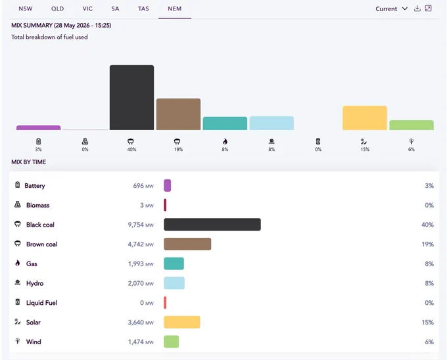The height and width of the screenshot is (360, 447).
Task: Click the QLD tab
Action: point(58,9)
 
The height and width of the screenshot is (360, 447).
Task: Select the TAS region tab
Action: point(143,9)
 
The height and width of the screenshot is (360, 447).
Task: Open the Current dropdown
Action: point(391,9)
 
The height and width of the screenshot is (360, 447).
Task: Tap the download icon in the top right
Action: point(417,9)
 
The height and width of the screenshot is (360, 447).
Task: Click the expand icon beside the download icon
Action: point(428,9)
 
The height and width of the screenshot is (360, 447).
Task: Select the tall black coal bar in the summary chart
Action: point(131,97)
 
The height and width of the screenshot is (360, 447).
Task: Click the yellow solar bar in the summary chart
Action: point(365,118)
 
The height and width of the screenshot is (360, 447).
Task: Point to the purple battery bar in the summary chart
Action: point(39,127)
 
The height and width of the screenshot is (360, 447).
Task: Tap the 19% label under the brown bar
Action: point(178,150)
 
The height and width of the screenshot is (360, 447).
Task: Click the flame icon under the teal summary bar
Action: point(225,141)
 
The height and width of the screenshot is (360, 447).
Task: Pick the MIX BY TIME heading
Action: point(28,162)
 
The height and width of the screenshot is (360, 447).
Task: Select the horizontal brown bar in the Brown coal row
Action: point(187,244)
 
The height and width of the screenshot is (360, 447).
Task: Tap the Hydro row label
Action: point(35,283)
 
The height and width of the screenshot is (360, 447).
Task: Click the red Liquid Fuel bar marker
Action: point(165,302)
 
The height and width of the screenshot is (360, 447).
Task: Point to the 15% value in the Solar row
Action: point(428,322)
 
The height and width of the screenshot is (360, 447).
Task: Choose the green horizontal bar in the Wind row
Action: point(172,342)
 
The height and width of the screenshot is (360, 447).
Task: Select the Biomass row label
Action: point(38,205)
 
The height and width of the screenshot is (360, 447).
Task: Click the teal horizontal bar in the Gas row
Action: point(174,263)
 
